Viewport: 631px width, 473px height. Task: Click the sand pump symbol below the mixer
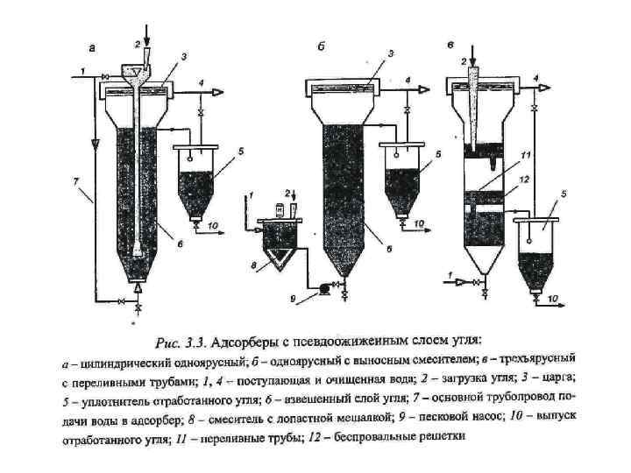(x=322, y=286)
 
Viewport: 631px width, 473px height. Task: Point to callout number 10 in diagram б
(x=420, y=224)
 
